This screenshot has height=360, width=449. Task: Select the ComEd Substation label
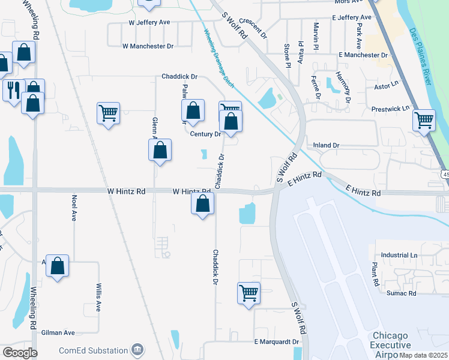[94, 350]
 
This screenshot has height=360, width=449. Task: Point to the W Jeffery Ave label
[149, 22]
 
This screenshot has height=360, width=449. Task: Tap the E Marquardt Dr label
[276, 342]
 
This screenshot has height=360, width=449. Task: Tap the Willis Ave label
[98, 298]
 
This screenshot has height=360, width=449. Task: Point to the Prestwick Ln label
[390, 109]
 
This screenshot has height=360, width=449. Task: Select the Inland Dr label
[327, 145]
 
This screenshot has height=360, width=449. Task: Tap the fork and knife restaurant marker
[12, 91]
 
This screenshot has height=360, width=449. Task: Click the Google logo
[20, 352]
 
